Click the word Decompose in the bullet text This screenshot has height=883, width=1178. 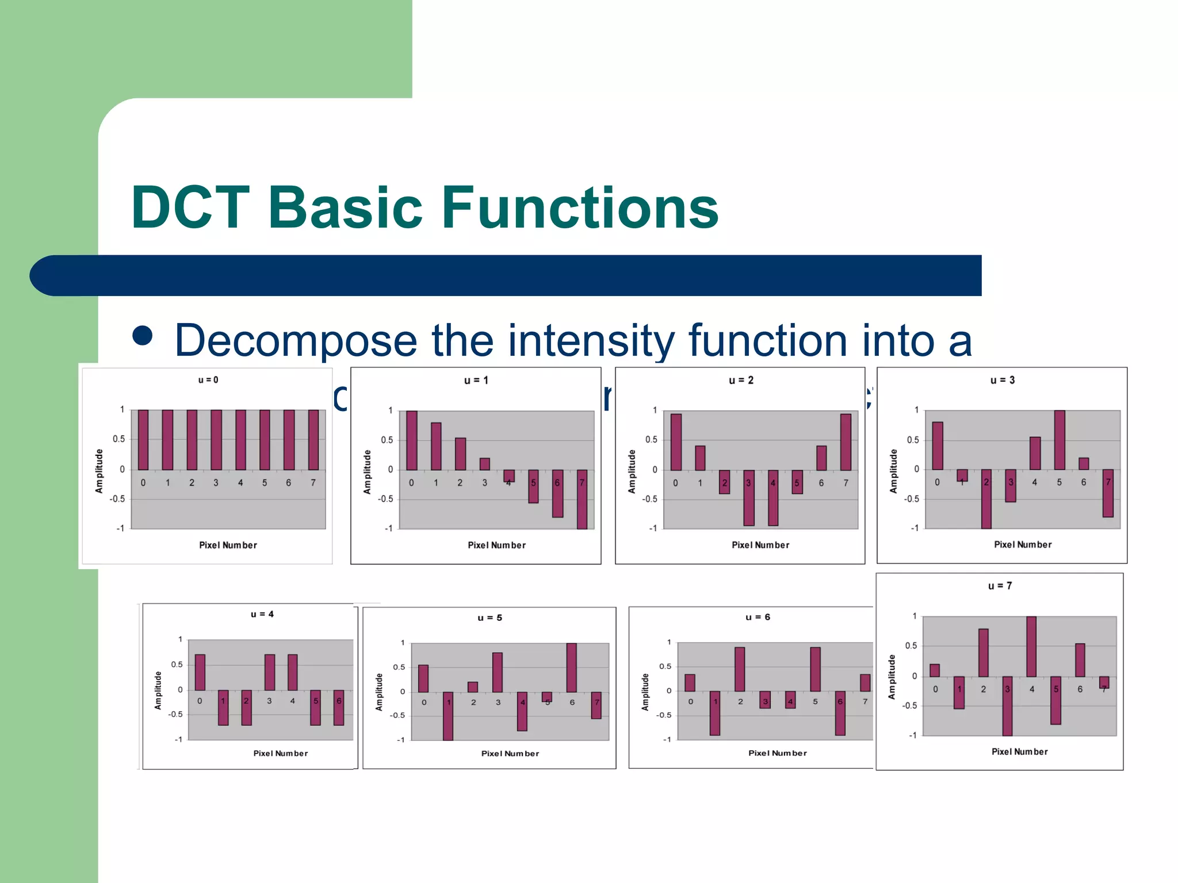pyautogui.click(x=296, y=340)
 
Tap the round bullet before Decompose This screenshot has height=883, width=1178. pyautogui.click(x=142, y=336)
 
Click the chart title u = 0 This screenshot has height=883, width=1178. pyautogui.click(x=208, y=380)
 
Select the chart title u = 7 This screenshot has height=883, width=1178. pyautogui.click(x=1000, y=586)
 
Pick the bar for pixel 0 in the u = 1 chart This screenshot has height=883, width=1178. pyautogui.click(x=412, y=440)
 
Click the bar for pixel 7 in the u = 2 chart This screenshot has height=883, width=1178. pyautogui.click(x=846, y=441)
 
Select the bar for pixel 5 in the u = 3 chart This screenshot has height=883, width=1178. pyautogui.click(x=1059, y=440)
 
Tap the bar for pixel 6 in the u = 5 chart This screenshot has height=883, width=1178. pyautogui.click(x=571, y=667)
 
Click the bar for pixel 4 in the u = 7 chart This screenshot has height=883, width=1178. pyautogui.click(x=1031, y=646)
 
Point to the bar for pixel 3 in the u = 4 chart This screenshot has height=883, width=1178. pyautogui.click(x=269, y=672)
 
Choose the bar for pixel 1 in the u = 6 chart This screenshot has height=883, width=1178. pyautogui.click(x=715, y=713)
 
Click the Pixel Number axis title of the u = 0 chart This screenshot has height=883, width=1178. pyautogui.click(x=228, y=545)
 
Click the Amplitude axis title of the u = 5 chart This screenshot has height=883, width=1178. pyautogui.click(x=379, y=692)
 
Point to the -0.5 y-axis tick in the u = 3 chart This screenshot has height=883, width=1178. pyautogui.click(x=911, y=498)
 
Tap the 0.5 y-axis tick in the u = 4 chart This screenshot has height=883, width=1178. pyautogui.click(x=177, y=665)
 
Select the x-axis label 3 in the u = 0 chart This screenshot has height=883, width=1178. pyautogui.click(x=216, y=483)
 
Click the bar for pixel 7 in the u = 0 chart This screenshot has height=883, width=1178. pyautogui.click(x=313, y=440)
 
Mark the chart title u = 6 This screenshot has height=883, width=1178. pyautogui.click(x=758, y=617)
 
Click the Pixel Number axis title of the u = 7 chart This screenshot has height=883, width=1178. pyautogui.click(x=1019, y=751)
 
